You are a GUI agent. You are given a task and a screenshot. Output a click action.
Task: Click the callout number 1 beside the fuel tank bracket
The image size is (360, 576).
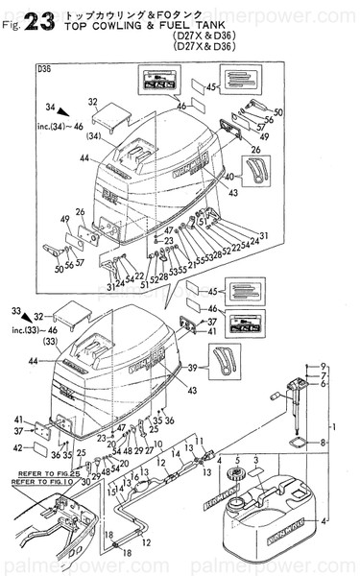coord(335,424)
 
